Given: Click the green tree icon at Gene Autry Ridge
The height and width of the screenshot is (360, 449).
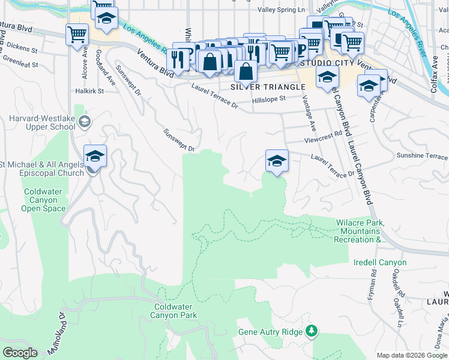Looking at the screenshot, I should (x=312, y=331).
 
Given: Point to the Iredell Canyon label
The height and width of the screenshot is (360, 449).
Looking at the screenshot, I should (x=380, y=262).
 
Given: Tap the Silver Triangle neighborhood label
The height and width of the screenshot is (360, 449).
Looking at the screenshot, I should (x=268, y=87).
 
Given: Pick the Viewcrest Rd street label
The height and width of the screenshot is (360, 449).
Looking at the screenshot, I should (x=323, y=133).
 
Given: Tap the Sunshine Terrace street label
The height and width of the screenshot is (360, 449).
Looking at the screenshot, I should (x=422, y=156).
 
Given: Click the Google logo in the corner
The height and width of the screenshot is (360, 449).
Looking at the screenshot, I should (x=20, y=353).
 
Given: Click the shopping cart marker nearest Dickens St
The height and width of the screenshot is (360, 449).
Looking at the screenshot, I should (x=77, y=35).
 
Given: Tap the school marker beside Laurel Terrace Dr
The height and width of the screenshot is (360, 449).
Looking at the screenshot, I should (x=276, y=161).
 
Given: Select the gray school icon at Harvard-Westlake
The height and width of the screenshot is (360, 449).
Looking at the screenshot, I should (x=85, y=122).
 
